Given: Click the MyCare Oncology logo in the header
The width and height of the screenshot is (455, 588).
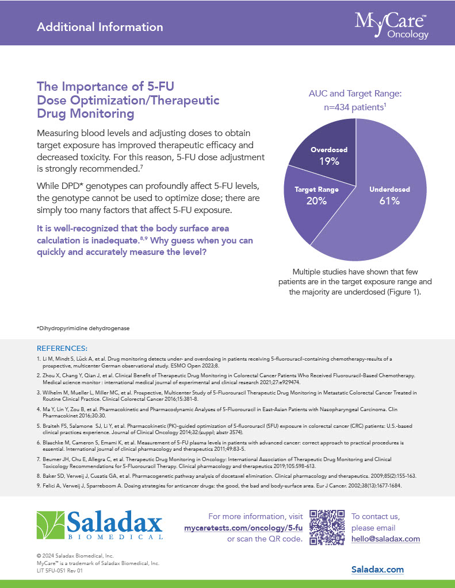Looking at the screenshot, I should pyautogui.click(x=392, y=25).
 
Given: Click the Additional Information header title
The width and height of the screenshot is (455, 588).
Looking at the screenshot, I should pyautogui.click(x=100, y=27).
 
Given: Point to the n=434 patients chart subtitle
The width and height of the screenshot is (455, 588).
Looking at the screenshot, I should pyautogui.click(x=354, y=107).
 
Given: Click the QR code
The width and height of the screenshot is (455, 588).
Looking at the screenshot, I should pyautogui.click(x=327, y=527).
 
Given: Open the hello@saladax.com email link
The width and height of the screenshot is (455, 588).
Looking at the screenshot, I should pyautogui.click(x=385, y=539).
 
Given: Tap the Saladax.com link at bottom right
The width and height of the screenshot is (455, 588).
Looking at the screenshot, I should pyautogui.click(x=377, y=570).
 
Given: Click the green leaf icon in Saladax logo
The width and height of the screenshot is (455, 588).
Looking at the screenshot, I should pyautogui.click(x=50, y=525).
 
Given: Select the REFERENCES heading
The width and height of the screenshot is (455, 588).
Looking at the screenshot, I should pyautogui.click(x=62, y=348).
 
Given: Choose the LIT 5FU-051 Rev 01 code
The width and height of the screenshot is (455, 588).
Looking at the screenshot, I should pyautogui.click(x=59, y=571).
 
